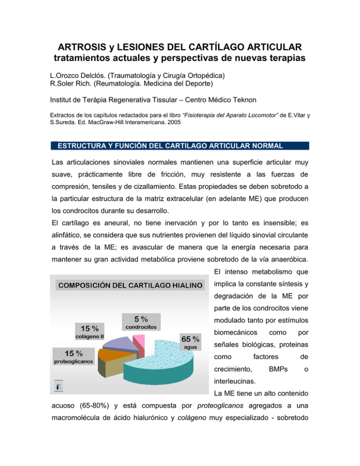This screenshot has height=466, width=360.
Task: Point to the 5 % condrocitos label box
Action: pyautogui.click(x=142, y=322)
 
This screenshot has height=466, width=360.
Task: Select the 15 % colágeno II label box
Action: pyautogui.click(x=90, y=331)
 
